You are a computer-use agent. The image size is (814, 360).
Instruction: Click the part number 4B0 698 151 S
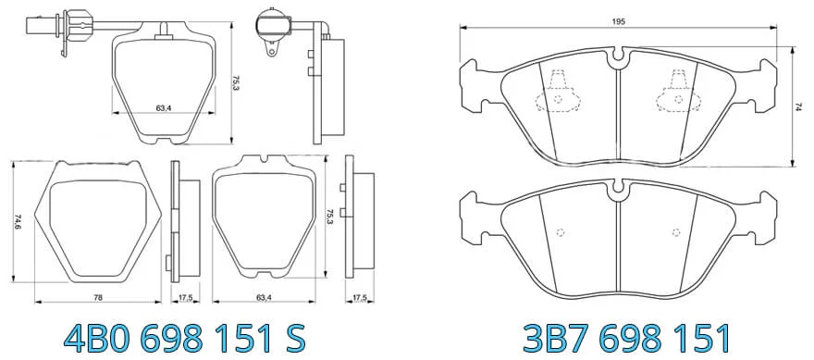(x=184, y=339)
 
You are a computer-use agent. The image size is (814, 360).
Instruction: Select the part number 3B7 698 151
(x=625, y=339)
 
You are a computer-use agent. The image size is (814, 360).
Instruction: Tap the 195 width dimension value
(x=618, y=22)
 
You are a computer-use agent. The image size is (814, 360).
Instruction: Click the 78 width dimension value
(x=98, y=298)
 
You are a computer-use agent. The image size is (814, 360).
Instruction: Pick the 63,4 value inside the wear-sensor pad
(x=163, y=108)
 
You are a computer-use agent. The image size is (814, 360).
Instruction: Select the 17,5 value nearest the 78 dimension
(x=185, y=298)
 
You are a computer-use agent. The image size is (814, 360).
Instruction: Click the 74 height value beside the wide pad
(x=799, y=106)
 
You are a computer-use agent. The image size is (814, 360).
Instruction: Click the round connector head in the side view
(x=273, y=24)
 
